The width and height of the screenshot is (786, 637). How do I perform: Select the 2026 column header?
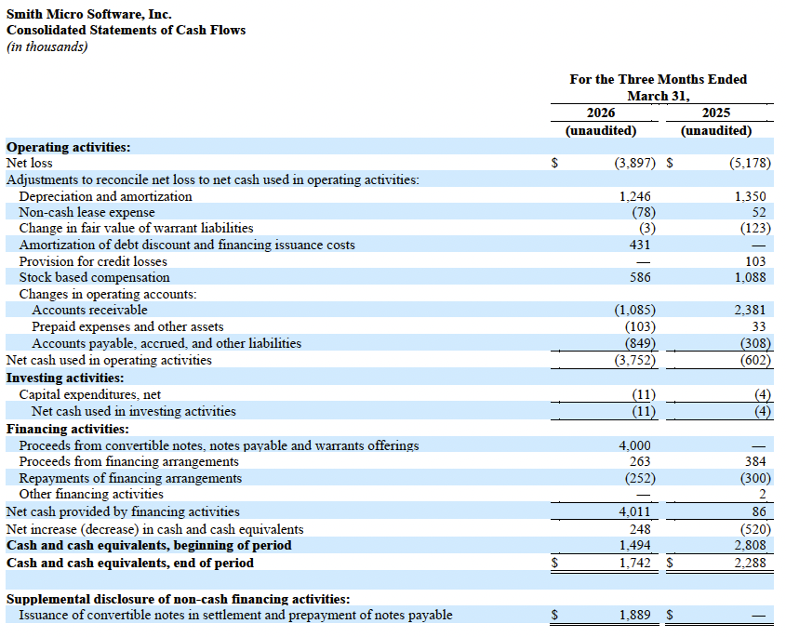coord(600,113)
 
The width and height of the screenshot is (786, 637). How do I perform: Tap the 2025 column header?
coord(715,113)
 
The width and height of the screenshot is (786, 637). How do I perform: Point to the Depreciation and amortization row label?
coord(105,196)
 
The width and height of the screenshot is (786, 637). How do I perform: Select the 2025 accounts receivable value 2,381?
coord(751,310)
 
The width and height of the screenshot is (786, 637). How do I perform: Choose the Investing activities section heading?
coord(65,378)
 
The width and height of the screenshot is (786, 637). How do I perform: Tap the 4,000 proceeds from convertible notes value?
coord(634,445)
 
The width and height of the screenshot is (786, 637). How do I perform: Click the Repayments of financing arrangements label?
coord(130,478)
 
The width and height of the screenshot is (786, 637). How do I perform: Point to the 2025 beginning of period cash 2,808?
coord(751,545)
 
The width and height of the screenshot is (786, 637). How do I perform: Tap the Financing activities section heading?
coord(67,429)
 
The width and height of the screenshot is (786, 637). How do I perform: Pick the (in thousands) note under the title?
coord(47,46)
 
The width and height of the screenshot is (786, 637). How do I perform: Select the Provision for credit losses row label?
coord(93,261)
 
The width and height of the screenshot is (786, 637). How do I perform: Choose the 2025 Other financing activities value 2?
coord(762,494)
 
